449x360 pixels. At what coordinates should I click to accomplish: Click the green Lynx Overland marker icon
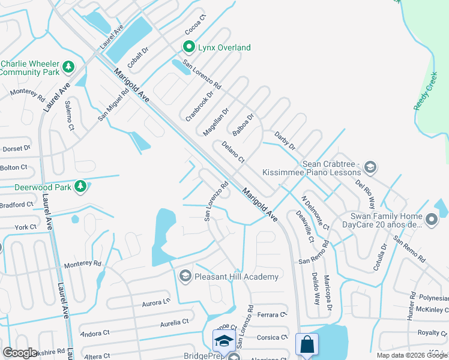pyautogui.click(x=188, y=47)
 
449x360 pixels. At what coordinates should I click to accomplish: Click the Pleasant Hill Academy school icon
pyautogui.click(x=185, y=276)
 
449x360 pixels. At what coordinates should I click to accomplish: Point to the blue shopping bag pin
pyautogui.click(x=307, y=344)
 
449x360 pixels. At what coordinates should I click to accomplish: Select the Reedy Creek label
pyautogui.click(x=425, y=97)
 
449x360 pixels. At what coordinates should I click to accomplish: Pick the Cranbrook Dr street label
pyautogui.click(x=200, y=107)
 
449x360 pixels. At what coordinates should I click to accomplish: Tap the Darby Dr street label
pyautogui.click(x=285, y=141)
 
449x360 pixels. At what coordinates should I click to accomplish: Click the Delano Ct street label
pyautogui.click(x=233, y=152)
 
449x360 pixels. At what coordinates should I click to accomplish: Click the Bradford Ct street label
pyautogui.click(x=17, y=205)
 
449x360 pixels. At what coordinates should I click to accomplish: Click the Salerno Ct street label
pyautogui.click(x=70, y=115)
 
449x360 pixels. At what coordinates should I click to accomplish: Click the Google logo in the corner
pyautogui.click(x=20, y=353)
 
